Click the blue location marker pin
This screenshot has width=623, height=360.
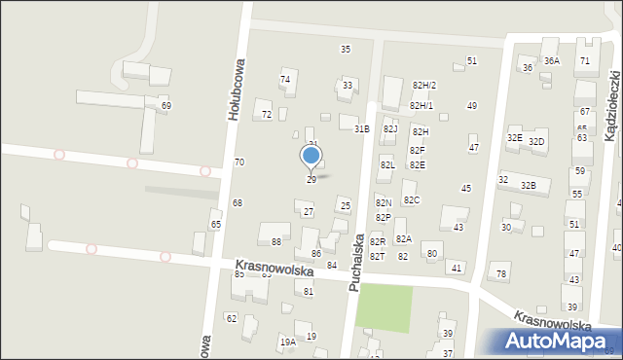coord(311,157)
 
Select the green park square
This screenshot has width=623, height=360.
coord(384,308)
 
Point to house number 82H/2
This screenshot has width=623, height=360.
coord(423,87)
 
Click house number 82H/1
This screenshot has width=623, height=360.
coord(421,106)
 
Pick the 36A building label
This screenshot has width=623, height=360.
coord(552,61)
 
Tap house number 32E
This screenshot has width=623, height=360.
coord(514,139)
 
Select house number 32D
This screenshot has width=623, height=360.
coord(536,143)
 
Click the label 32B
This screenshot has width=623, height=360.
coord(528,186)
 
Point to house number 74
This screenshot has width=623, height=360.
coord(285,80)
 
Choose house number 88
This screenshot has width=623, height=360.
coord(276,241)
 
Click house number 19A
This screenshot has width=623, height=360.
coord(287,342)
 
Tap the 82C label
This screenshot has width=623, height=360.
coord(411,200)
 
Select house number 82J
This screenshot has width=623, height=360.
coord(390,129)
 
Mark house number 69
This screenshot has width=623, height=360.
coord(166,105)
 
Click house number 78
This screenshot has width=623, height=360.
coord(501,274)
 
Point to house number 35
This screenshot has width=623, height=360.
coord(346,50)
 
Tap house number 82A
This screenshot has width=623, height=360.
coord(403,239)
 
